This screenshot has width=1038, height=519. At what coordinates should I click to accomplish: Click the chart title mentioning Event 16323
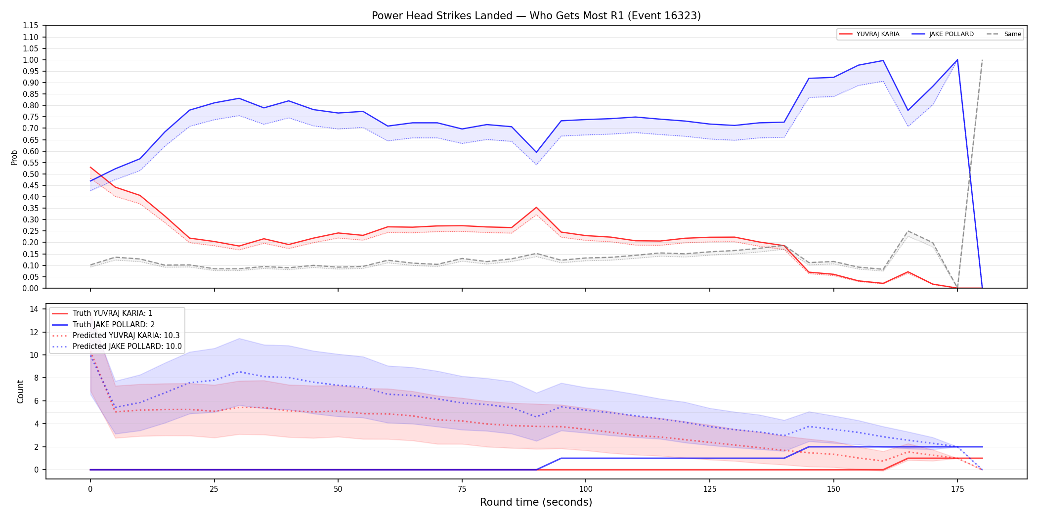(536, 16)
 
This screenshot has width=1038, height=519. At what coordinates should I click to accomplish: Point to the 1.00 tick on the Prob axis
(31, 60)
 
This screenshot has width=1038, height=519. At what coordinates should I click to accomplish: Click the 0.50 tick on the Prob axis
(31, 174)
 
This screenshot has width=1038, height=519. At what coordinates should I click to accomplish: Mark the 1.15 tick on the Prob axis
(31, 26)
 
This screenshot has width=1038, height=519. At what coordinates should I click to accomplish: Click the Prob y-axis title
(14, 157)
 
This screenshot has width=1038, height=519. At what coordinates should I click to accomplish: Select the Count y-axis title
(20, 391)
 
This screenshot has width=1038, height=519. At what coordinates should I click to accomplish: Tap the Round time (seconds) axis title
(536, 502)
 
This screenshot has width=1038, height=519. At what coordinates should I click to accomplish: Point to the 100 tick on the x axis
(586, 489)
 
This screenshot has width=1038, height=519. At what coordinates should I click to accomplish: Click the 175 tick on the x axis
(957, 489)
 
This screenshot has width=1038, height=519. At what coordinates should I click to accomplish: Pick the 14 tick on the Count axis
(34, 309)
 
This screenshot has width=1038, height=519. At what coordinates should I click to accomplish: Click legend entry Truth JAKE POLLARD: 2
(114, 324)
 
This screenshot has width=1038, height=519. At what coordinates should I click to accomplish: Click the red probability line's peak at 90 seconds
(536, 208)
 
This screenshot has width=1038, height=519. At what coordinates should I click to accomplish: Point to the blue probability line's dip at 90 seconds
(536, 152)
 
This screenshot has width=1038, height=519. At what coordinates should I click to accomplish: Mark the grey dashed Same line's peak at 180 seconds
(982, 60)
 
